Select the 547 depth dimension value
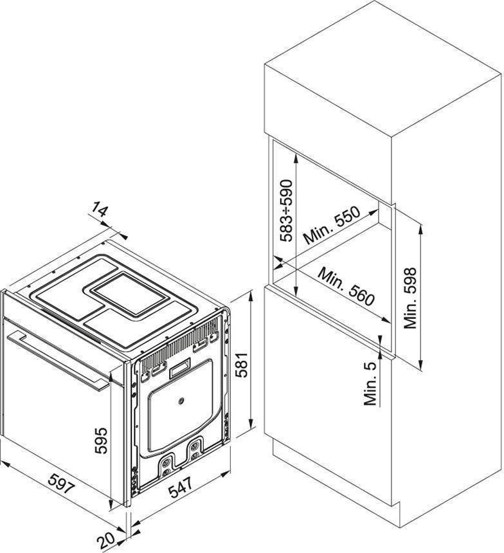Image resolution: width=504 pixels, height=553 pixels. [x=181, y=487]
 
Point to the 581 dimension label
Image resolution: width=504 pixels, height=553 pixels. [x=242, y=365]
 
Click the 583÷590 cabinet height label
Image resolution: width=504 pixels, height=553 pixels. [x=286, y=210]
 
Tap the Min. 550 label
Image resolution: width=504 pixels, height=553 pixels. [x=332, y=225]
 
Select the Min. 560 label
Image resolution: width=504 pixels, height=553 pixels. [x=346, y=286]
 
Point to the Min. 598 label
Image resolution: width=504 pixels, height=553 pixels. [x=411, y=298]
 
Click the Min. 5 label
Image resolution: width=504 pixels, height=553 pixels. [x=370, y=383]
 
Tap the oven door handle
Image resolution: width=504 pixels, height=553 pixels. [x=59, y=361]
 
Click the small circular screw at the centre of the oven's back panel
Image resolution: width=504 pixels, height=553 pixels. [x=181, y=401]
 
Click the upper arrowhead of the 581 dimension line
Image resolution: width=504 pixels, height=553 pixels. [x=251, y=295]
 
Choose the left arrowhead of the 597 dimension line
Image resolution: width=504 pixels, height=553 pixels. [x=5, y=463]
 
